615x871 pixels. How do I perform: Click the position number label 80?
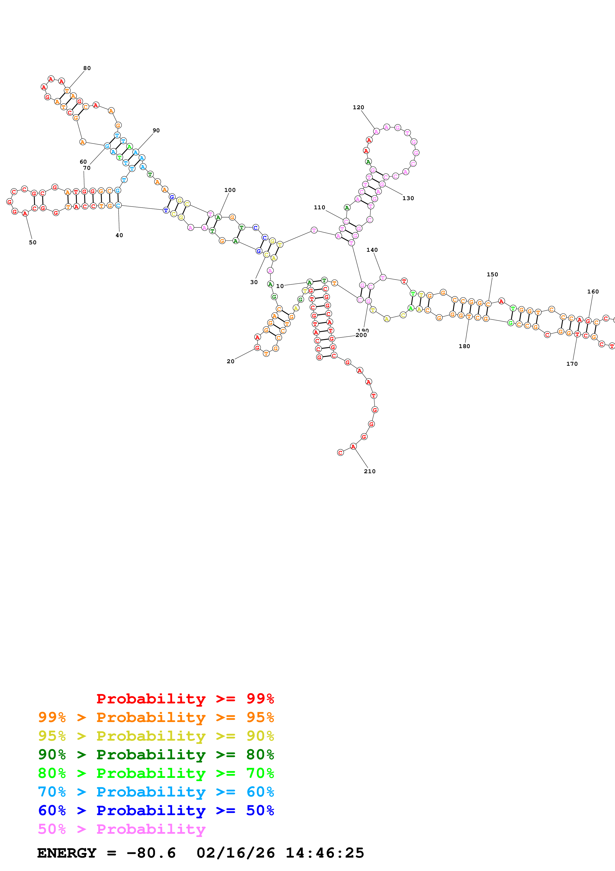tap(87, 68)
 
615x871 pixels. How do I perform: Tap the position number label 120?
tap(358, 107)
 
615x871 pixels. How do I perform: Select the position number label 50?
tap(32, 242)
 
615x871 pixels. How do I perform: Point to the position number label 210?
tap(369, 471)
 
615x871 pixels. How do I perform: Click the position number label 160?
tap(593, 292)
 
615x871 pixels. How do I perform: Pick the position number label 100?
tap(230, 190)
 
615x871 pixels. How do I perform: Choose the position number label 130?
tap(408, 198)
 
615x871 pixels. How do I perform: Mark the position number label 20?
tap(230, 361)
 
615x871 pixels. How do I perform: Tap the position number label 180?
tap(464, 346)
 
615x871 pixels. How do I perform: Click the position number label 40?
tap(119, 235)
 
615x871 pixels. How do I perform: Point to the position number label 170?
tap(572, 364)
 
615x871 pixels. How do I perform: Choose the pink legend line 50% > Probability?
tap(122, 829)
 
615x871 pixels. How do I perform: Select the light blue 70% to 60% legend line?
tap(156, 792)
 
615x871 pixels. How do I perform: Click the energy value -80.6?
tap(151, 853)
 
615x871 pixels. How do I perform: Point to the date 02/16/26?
tap(235, 853)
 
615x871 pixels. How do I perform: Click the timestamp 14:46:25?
tap(325, 853)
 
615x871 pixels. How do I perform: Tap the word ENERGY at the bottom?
tap(67, 853)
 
